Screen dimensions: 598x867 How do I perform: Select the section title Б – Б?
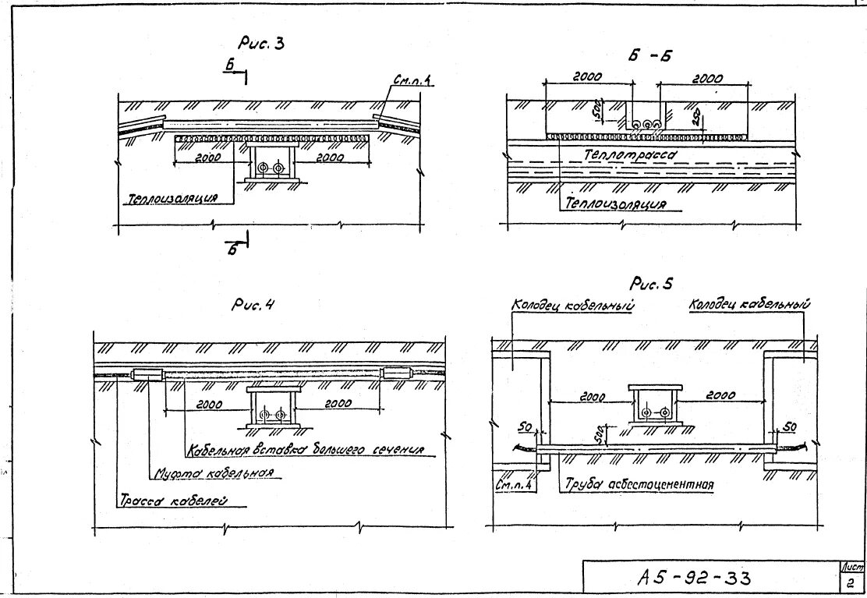coord(649,55)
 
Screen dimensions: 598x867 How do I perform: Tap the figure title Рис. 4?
coord(254,306)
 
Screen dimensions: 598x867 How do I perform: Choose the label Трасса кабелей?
coord(172,501)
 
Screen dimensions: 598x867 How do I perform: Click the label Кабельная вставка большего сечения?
coord(305,450)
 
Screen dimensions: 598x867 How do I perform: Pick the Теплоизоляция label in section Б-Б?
coord(616,204)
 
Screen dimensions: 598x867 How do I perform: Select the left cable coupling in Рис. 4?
coord(146,374)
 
